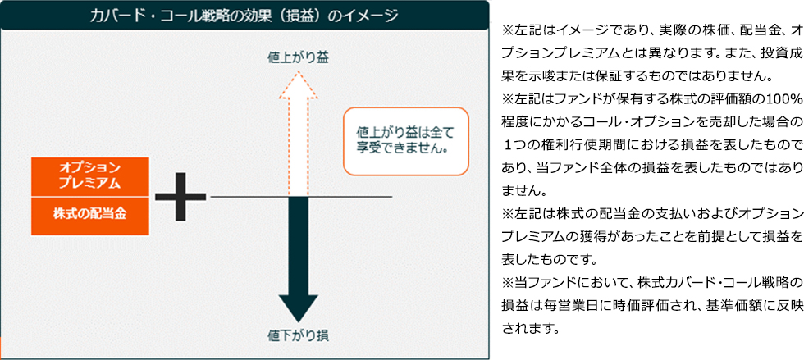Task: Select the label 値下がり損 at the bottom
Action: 299,335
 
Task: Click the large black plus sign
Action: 180,197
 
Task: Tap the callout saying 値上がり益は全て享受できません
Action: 405,140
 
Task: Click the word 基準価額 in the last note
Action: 703,307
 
